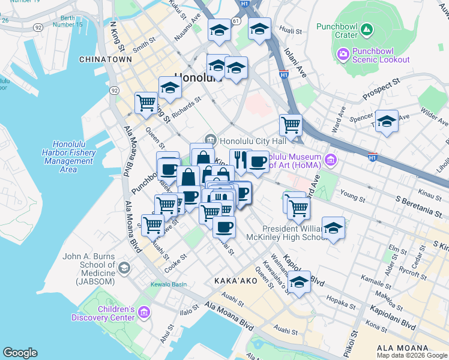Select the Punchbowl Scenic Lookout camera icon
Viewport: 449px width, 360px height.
[x=343, y=55]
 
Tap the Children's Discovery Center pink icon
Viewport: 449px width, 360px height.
[x=143, y=313]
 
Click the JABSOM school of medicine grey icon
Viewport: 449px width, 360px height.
[x=124, y=268]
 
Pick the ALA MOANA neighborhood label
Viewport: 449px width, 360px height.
[x=402, y=348]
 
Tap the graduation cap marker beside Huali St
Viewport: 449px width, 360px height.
[x=259, y=29]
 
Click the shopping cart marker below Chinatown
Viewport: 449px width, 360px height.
[x=146, y=103]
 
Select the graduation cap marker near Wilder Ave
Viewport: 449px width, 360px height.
[x=387, y=121]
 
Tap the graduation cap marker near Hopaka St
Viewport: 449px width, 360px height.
[x=299, y=283]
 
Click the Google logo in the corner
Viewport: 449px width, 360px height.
[x=20, y=353]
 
